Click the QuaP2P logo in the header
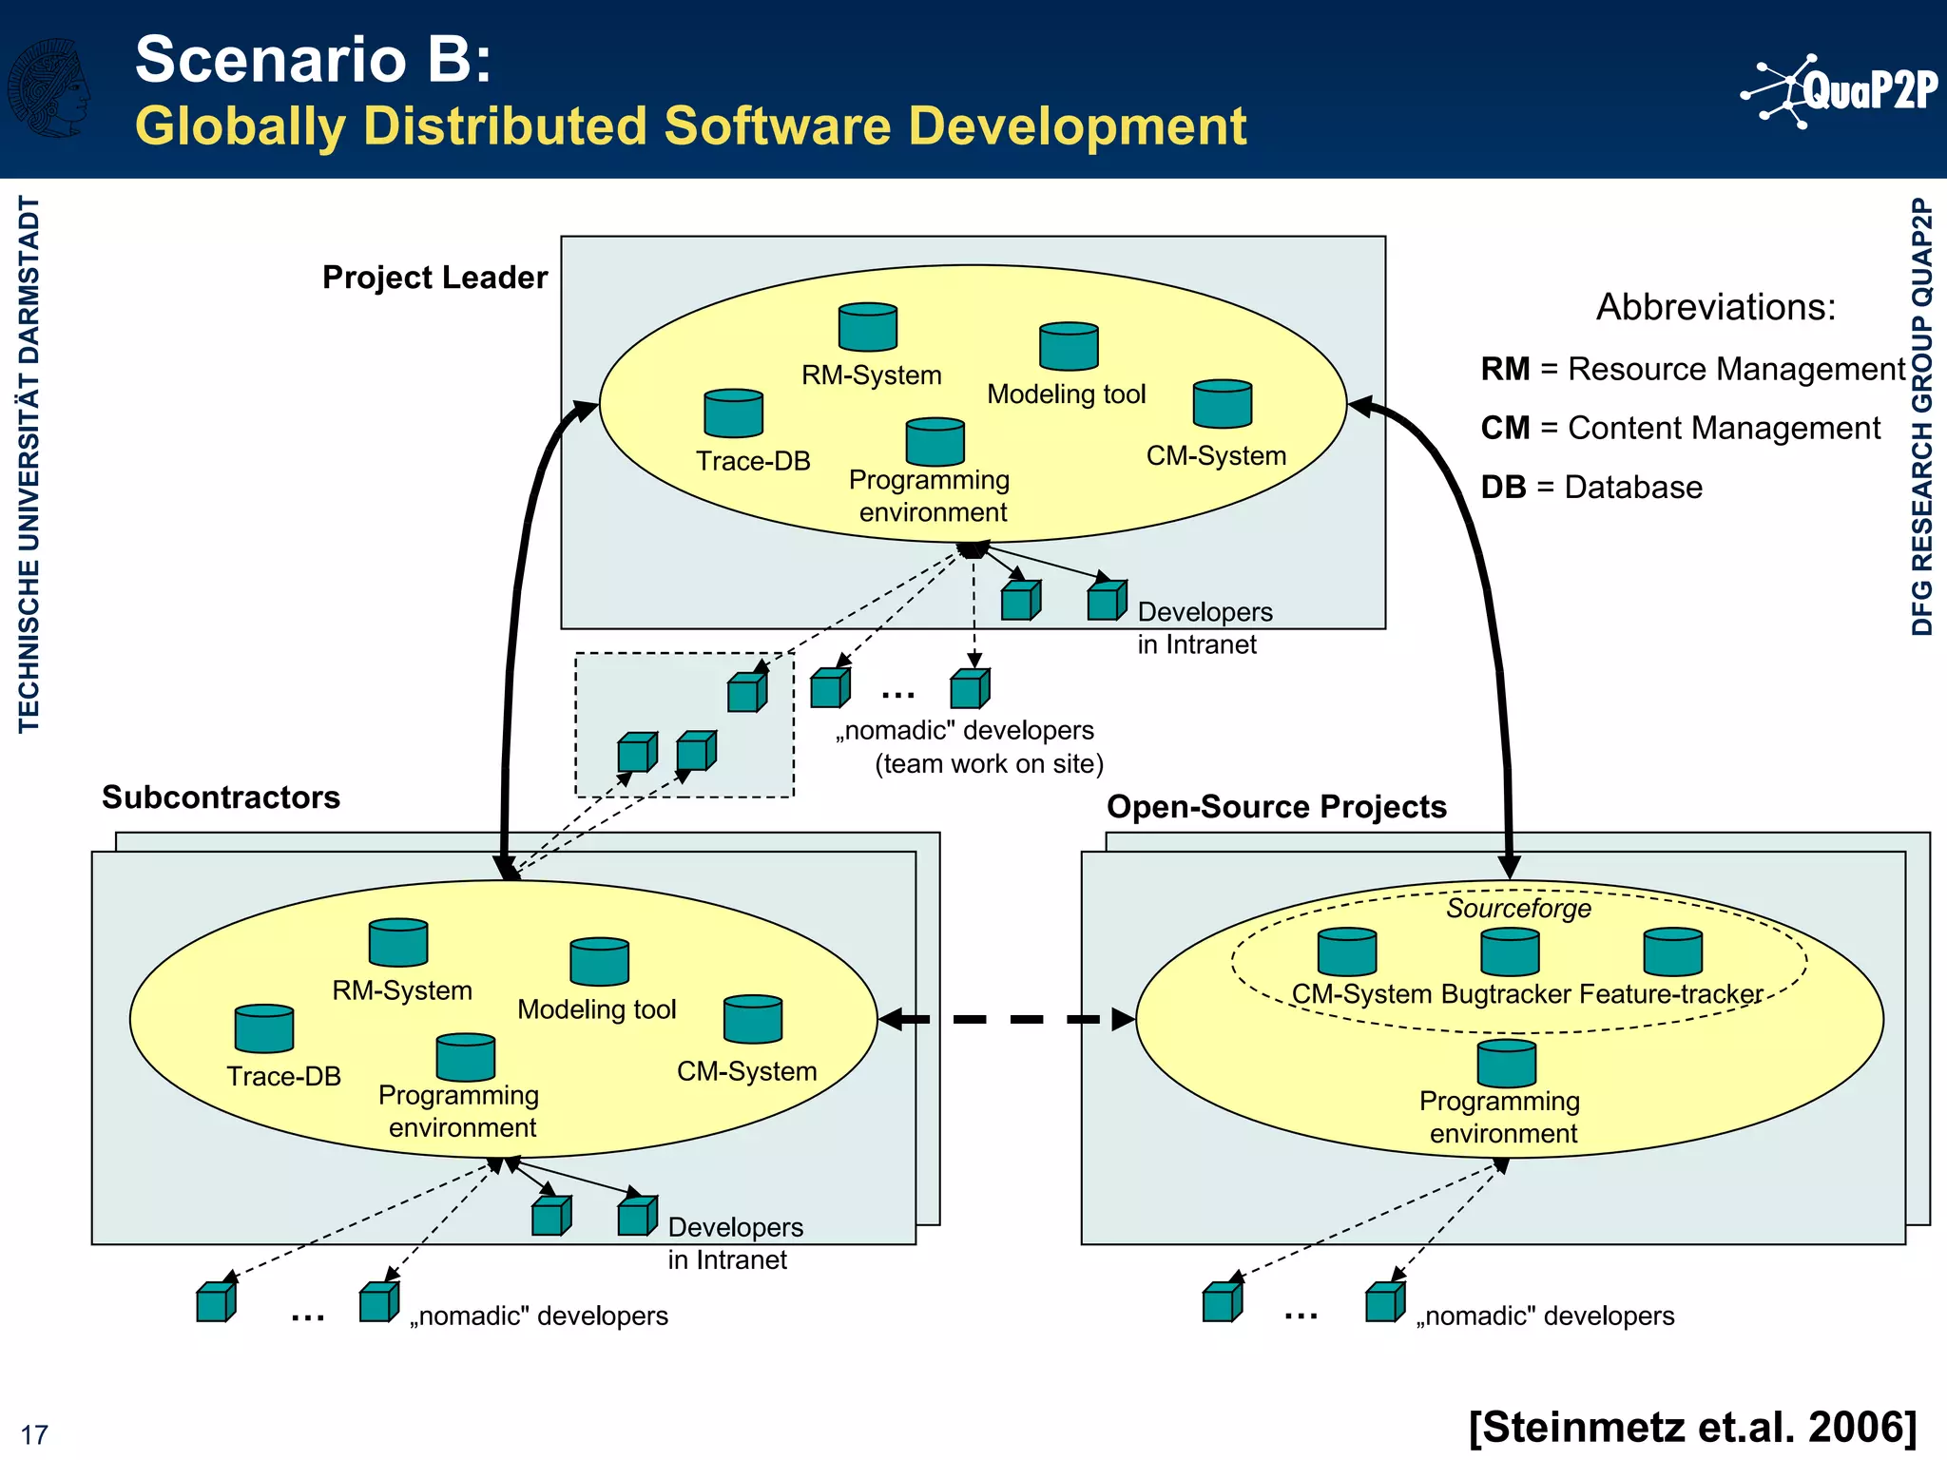[x=1840, y=90]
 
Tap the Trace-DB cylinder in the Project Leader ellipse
[x=733, y=413]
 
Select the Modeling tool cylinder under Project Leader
[x=1069, y=346]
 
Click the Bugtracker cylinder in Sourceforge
[x=1510, y=952]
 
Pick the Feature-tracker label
[x=1670, y=994]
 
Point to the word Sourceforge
[x=1518, y=909]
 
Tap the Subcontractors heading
[x=221, y=797]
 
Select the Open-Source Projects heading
[x=1276, y=807]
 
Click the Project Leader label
[x=434, y=278]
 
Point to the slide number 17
[x=34, y=1434]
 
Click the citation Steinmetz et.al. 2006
[x=1692, y=1427]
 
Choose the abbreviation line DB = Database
[x=1590, y=488]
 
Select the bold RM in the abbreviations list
[x=1505, y=369]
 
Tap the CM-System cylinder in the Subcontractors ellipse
[x=752, y=1020]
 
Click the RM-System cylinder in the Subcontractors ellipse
[x=397, y=943]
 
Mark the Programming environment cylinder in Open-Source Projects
[x=1506, y=1064]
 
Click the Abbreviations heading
[x=1715, y=307]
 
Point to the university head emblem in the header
[x=49, y=87]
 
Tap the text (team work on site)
[x=989, y=764]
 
